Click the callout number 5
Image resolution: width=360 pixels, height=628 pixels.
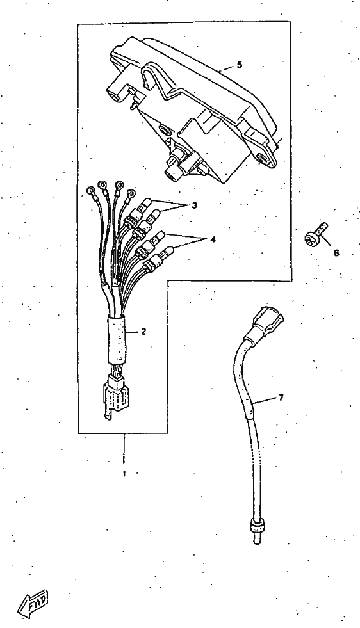pos(240,65)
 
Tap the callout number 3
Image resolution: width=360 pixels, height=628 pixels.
pos(194,205)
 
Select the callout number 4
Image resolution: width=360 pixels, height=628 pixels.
pos(213,239)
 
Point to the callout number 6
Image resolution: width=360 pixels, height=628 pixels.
pos(336,253)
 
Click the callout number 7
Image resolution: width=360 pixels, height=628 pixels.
pos(281,398)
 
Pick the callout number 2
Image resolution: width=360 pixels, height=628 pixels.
pos(143,332)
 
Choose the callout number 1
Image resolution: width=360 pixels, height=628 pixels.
pos(124,474)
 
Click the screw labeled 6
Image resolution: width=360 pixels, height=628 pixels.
pos(315,234)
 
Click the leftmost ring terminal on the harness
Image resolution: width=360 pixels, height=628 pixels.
pos(91,189)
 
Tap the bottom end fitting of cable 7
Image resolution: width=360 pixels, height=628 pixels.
pos(256,529)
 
